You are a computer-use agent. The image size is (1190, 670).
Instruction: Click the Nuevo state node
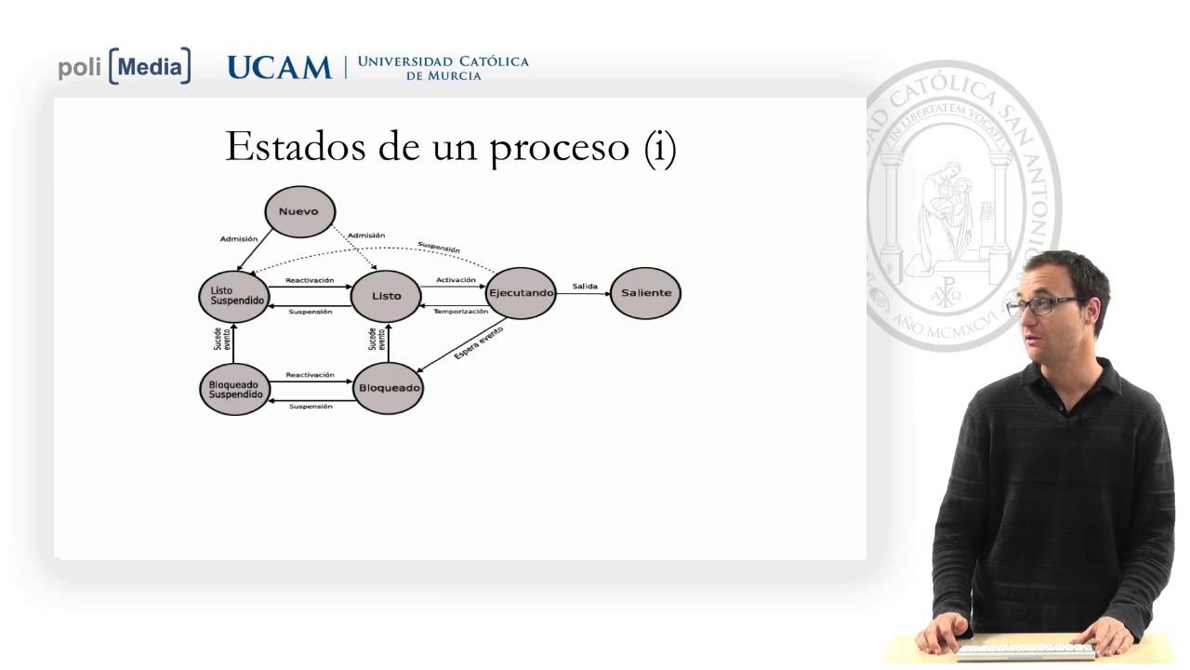tap(299, 211)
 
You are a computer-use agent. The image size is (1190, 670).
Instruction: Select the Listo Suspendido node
tap(232, 295)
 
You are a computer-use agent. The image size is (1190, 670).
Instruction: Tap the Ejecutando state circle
tap(521, 293)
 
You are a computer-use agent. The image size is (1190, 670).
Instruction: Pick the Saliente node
tap(646, 293)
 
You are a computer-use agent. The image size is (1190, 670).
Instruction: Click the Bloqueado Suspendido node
tap(234, 388)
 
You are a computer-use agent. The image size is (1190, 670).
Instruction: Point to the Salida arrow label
tap(585, 286)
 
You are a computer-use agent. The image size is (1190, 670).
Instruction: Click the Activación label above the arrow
tap(456, 280)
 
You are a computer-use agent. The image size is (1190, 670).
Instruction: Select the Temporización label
tap(460, 311)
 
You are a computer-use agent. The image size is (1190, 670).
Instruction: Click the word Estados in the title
tap(298, 147)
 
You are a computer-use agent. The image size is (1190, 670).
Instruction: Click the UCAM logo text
tap(279, 67)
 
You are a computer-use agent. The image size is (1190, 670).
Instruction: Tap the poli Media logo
tap(125, 66)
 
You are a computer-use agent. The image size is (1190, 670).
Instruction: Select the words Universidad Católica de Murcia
tap(443, 68)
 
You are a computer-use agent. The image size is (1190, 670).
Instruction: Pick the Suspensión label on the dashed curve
tap(438, 248)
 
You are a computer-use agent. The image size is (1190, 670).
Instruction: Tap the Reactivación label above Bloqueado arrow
tap(310, 375)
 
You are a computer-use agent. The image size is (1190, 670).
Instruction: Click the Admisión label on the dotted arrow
tap(365, 235)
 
